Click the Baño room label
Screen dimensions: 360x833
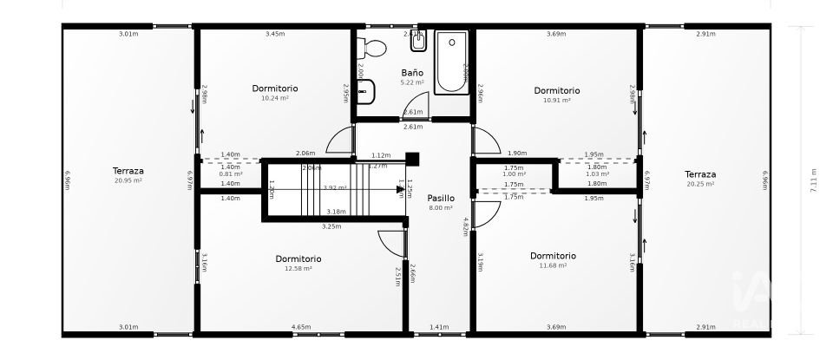[412, 73]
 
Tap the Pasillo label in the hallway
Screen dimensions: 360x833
[440, 198]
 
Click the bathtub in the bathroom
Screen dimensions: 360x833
[451, 62]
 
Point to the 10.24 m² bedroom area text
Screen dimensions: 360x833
[275, 99]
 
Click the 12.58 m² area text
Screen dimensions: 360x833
[298, 269]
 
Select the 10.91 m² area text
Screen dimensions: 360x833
[556, 101]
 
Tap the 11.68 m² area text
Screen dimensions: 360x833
[553, 266]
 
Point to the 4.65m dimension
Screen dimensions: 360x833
[301, 327]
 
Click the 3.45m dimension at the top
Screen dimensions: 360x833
[275, 35]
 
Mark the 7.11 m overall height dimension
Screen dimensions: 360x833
[813, 180]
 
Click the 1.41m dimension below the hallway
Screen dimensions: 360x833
[440, 327]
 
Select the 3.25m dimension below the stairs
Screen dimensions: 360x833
[331, 226]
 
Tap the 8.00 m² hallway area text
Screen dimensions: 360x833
[440, 208]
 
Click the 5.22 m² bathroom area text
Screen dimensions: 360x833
[412, 82]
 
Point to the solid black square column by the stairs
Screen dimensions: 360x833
[412, 159]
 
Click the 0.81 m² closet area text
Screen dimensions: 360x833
[230, 173]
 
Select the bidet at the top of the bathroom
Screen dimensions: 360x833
[418, 43]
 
